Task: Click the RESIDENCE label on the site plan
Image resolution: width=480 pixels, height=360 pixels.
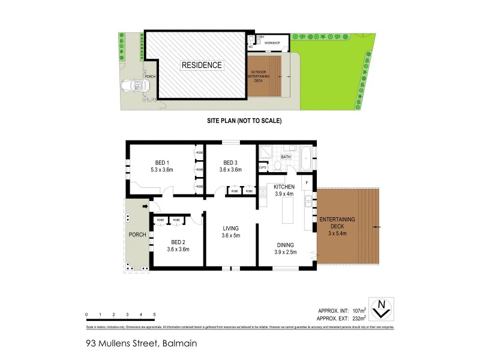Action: pos(202,65)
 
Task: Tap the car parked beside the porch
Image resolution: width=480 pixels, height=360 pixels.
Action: pos(134,86)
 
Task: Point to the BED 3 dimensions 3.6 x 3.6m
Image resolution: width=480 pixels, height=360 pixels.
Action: pos(232,170)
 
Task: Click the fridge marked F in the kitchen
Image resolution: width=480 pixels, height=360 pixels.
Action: pos(307,182)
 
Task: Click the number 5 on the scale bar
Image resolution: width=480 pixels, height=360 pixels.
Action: pos(154,314)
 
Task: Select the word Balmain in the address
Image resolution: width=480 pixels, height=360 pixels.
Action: pos(178,344)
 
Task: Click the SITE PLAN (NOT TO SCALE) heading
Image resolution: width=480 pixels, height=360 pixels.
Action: pos(239,121)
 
